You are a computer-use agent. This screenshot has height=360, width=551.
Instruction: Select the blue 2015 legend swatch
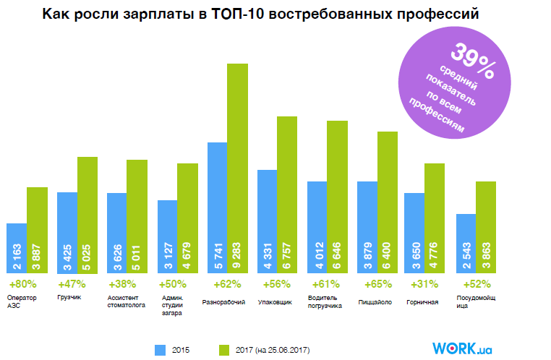[161, 350]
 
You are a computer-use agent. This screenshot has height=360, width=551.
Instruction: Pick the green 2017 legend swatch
[225, 350]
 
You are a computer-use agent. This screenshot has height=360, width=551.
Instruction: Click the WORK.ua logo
[463, 348]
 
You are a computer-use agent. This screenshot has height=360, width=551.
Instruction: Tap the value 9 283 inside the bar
[238, 253]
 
